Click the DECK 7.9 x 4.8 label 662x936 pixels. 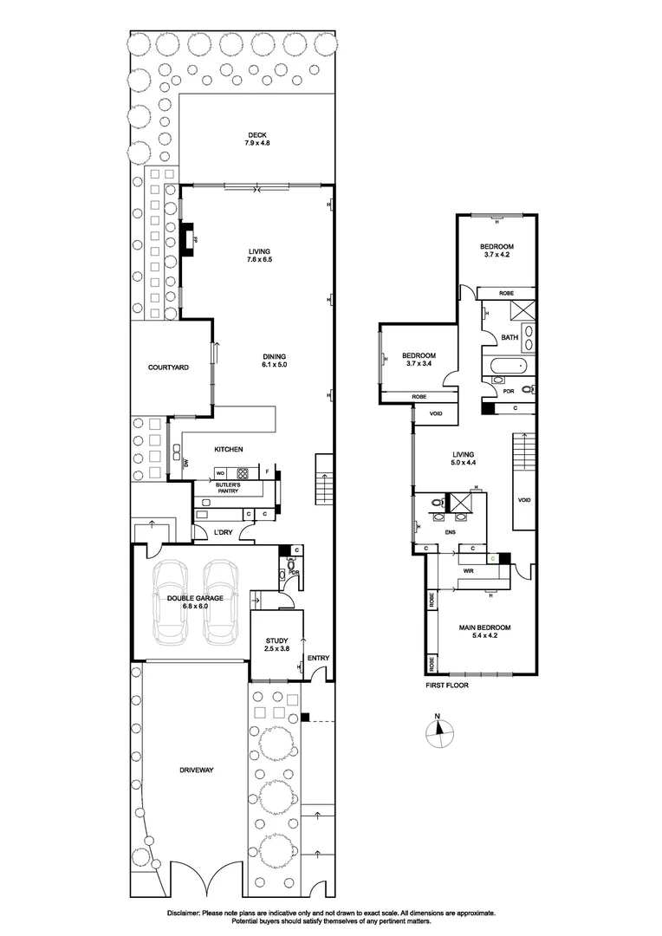256,139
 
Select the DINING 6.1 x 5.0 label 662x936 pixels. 274,361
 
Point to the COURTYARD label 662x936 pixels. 169,367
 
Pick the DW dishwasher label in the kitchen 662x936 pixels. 186,465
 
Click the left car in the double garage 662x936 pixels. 168,602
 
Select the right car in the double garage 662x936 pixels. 221,602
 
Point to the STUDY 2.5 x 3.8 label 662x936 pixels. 277,646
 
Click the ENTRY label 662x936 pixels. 318,658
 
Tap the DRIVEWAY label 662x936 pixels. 197,770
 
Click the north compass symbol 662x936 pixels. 439,731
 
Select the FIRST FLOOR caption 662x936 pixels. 446,685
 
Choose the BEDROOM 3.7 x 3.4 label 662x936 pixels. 418,360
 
